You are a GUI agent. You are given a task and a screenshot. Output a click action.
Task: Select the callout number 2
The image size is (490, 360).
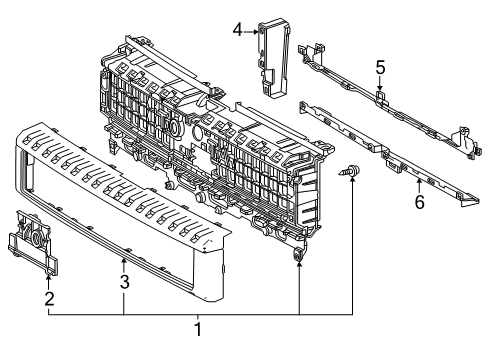point(48,297)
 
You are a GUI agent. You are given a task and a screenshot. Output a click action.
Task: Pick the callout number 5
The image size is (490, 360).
point(380,67)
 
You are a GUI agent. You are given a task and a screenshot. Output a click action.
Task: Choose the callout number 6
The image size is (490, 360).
point(419,202)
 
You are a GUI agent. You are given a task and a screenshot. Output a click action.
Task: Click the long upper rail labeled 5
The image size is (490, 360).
point(385,104)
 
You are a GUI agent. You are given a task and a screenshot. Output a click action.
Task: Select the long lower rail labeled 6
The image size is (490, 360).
point(390,155)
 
